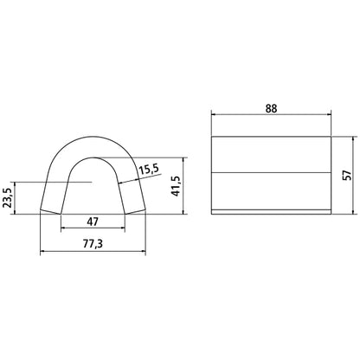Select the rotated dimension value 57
coord(347,174)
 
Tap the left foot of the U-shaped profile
coord(51,211)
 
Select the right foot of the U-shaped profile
coord(136,211)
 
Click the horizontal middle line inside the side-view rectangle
coord(271,173)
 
